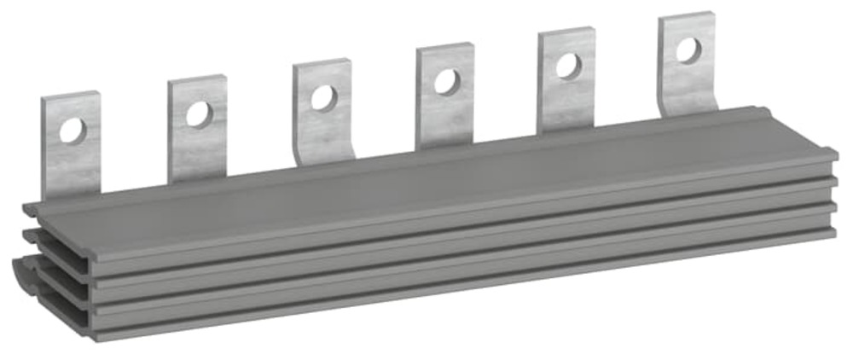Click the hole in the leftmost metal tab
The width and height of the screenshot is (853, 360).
[x=73, y=131]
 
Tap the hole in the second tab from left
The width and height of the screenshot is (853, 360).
[x=198, y=113]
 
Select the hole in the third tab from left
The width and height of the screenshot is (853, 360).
[x=322, y=97]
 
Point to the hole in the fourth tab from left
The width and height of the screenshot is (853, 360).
[x=445, y=81]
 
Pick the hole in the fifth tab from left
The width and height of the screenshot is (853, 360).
[x=566, y=65]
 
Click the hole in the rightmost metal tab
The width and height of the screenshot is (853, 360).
[x=687, y=49]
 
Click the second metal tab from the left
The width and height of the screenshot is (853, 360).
[x=197, y=141]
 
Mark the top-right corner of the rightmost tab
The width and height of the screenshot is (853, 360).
[x=712, y=15]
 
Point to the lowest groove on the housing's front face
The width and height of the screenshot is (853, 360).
[x=426, y=273]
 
